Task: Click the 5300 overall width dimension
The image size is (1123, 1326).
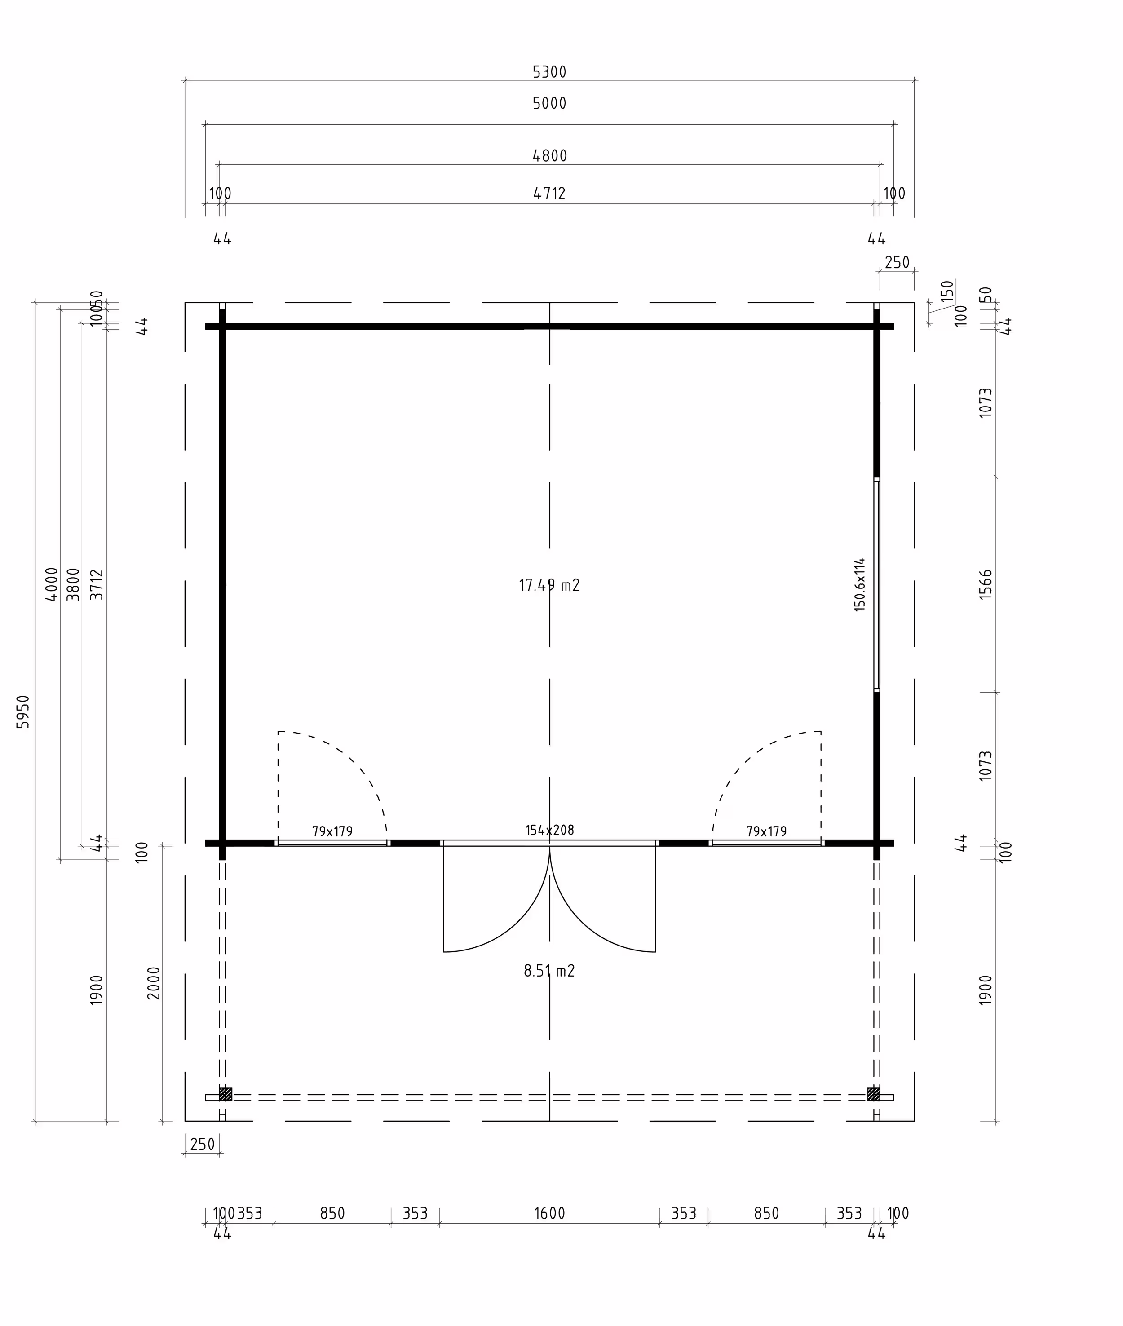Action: pyautogui.click(x=549, y=72)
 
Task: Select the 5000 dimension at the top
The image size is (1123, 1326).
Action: pyautogui.click(x=549, y=103)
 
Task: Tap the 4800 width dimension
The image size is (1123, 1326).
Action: pyautogui.click(x=549, y=155)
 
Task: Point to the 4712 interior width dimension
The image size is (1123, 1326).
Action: pyautogui.click(x=549, y=193)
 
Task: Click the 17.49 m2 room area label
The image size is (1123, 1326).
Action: pyautogui.click(x=549, y=585)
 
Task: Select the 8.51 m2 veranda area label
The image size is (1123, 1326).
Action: pyautogui.click(x=549, y=971)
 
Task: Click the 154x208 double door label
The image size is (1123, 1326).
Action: pyautogui.click(x=549, y=830)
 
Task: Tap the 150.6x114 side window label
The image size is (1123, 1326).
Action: pyautogui.click(x=859, y=584)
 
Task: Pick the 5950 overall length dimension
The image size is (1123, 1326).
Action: pyautogui.click(x=23, y=712)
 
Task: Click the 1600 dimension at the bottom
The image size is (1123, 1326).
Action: pyautogui.click(x=549, y=1213)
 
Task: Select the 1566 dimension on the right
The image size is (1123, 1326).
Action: pyautogui.click(x=985, y=584)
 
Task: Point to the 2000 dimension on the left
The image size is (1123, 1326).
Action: pyautogui.click(x=154, y=983)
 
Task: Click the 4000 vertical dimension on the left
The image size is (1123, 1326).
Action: pyautogui.click(x=52, y=584)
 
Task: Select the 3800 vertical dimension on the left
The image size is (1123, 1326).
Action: pyautogui.click(x=73, y=584)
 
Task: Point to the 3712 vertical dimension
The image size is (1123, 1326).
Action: pyautogui.click(x=96, y=584)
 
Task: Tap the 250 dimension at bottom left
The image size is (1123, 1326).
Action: pyautogui.click(x=203, y=1145)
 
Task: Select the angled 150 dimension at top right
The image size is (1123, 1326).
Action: pyautogui.click(x=946, y=292)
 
